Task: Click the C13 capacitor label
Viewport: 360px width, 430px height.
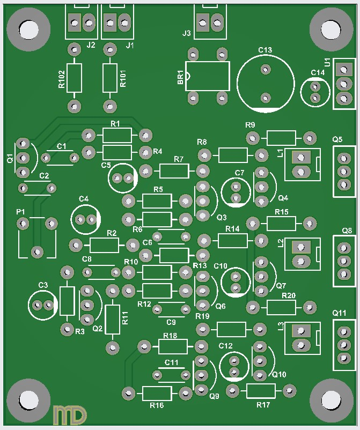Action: click(265, 50)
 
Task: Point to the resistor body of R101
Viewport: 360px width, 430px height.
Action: click(109, 77)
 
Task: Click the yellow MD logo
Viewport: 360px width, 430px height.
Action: click(70, 414)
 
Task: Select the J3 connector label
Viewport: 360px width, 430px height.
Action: click(186, 33)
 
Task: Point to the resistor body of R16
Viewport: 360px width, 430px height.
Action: click(157, 394)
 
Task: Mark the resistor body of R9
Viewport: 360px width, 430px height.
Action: click(281, 138)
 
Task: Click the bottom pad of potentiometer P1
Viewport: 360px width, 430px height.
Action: click(37, 251)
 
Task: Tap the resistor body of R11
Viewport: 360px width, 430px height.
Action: click(112, 320)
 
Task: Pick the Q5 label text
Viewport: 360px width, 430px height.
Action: click(337, 139)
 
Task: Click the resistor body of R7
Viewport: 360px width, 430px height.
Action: click(174, 171)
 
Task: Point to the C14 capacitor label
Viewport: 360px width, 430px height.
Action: click(318, 72)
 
